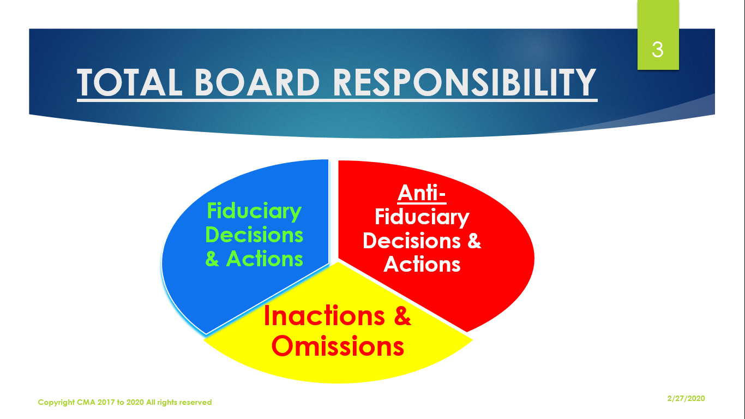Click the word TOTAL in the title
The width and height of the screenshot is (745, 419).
pos(129,82)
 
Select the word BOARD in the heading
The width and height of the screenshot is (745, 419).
pos(257,82)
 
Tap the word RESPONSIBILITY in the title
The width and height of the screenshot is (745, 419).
pos(464,82)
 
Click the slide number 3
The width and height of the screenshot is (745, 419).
pos(658,50)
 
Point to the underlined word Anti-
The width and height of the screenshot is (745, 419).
pos(422,193)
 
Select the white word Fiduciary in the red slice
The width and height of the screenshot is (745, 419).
pos(422,218)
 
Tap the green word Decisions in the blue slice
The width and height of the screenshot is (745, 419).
pos(254,235)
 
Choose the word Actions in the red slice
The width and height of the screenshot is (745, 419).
pos(422,265)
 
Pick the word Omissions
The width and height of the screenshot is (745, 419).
pos(338,346)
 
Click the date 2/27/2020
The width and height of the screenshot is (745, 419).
pos(686,398)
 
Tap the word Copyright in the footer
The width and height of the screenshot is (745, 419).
pos(56,402)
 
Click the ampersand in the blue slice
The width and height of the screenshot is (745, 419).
pos(212,259)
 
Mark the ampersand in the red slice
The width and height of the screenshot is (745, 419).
pos(474,241)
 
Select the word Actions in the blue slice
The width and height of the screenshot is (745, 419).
pos(265,259)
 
